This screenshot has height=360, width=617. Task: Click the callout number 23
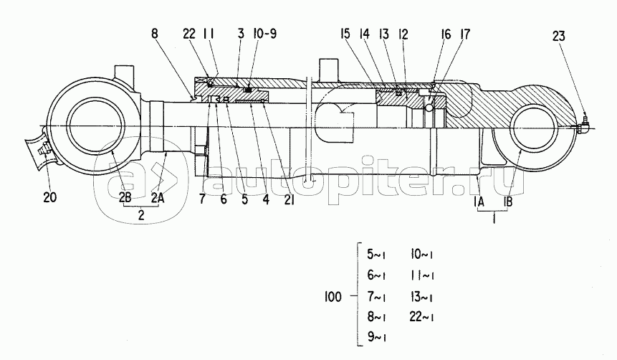pos(558,37)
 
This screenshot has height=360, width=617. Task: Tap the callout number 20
pos(50,197)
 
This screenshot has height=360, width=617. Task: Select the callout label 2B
pos(125,198)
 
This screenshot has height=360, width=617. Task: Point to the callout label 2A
pos(158,198)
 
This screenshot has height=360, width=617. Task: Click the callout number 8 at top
pos(154,34)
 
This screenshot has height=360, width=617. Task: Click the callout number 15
pos(345,34)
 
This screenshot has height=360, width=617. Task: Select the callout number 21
pos(290,199)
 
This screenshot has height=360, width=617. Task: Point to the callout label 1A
pos(479,202)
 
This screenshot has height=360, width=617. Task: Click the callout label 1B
pos(508,202)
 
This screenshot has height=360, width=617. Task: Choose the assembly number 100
pos(333,297)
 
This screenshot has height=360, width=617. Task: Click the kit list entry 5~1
pos(376,255)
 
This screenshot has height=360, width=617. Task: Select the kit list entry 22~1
pos(421,317)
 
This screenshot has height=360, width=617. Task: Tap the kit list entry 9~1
pos(376,337)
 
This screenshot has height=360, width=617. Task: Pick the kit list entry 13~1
pos(421,296)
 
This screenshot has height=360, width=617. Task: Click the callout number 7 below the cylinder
pos(202,199)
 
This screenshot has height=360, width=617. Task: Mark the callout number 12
pos(403,34)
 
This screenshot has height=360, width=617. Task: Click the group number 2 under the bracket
pos(141,215)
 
